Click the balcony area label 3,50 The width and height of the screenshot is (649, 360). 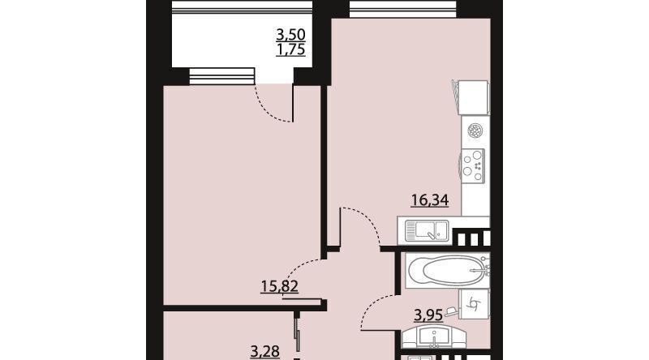tap(290, 34)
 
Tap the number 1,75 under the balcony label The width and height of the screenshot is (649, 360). tap(290, 49)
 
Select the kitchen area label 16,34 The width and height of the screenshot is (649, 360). tap(430, 200)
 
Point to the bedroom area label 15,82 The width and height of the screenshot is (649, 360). tap(279, 286)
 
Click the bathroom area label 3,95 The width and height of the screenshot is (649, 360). tap(428, 315)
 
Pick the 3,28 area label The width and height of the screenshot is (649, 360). tap(265, 352)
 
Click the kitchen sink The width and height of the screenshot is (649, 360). tap(427, 230)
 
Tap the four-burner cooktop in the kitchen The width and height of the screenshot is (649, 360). tap(472, 166)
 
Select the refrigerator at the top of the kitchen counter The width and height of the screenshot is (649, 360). tap(471, 97)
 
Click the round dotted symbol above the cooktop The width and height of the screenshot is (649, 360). tap(475, 131)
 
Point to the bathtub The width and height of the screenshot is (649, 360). tap(448, 271)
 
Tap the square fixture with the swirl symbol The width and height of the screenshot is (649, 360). tap(475, 305)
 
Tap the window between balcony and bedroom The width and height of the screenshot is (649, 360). tap(221, 77)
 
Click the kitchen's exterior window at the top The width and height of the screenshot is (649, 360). tap(402, 9)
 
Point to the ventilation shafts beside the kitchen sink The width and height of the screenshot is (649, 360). tap(471, 238)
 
